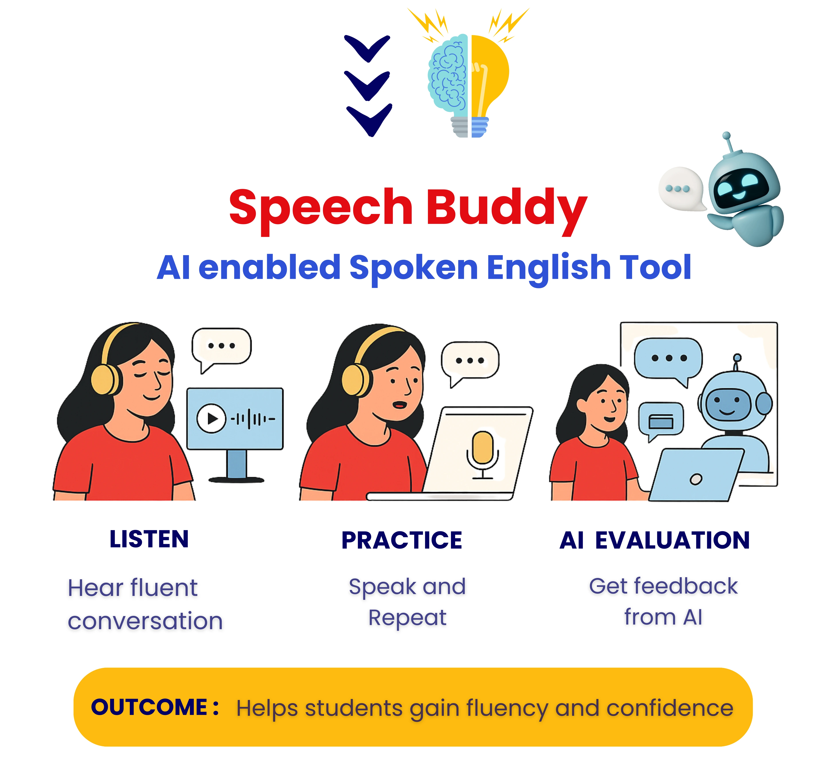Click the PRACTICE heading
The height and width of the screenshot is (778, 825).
[x=402, y=540]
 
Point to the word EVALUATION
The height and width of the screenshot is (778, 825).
[x=672, y=540]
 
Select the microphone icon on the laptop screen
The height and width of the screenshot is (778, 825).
[x=483, y=450]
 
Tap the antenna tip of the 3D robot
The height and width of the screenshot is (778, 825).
[x=726, y=136]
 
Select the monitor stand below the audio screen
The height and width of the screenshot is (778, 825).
[x=237, y=465]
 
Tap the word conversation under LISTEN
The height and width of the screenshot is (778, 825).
[x=145, y=621]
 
